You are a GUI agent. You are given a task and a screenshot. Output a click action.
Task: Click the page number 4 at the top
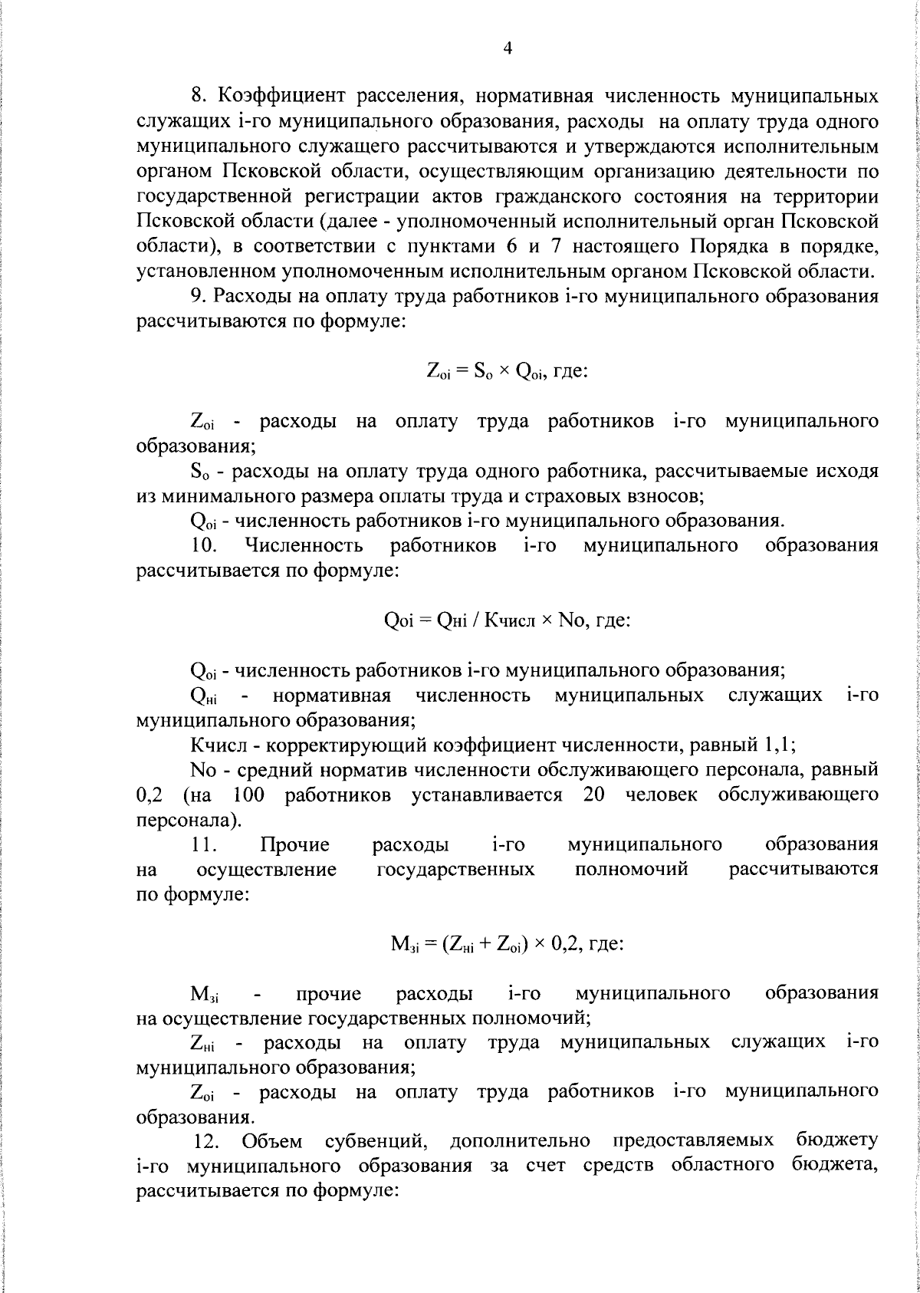pos(507,48)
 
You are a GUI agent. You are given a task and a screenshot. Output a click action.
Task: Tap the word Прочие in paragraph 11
pos(294,845)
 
